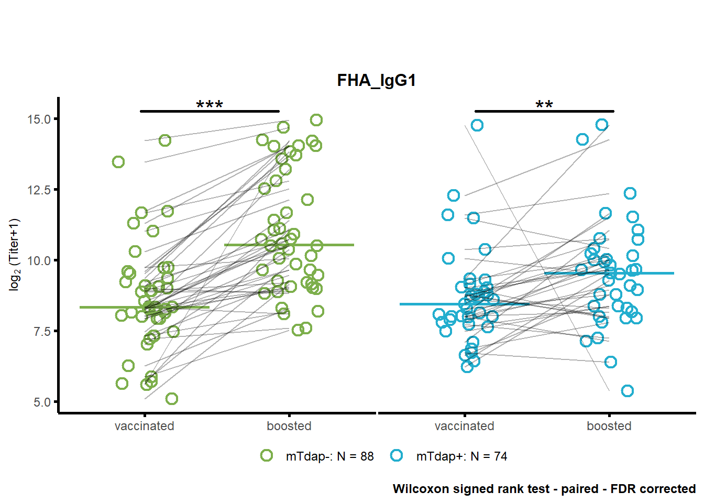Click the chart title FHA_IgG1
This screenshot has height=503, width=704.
point(376,80)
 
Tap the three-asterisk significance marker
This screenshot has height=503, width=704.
point(210,104)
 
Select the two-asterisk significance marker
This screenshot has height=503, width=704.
point(544,104)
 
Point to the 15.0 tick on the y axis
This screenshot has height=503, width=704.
point(39,119)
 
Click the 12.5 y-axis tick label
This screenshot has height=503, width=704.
point(39,190)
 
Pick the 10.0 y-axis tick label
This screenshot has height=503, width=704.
point(39,260)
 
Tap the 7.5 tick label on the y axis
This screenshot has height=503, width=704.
point(42,331)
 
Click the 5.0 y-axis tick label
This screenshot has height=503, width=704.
point(42,402)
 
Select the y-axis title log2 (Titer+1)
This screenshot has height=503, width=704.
point(15,255)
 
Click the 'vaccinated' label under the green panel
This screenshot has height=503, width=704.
point(144,426)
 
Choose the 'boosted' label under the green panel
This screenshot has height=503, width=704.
point(289,426)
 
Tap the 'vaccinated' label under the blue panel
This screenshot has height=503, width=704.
point(465,426)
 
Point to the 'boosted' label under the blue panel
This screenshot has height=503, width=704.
point(609,426)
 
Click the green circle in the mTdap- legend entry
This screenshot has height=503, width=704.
point(267,455)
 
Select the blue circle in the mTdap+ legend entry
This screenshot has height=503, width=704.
point(397,455)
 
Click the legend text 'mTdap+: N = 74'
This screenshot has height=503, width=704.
point(461,456)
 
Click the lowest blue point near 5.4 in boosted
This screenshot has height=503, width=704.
point(628,391)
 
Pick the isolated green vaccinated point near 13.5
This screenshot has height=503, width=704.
point(118,162)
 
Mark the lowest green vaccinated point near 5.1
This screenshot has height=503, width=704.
point(172,399)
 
